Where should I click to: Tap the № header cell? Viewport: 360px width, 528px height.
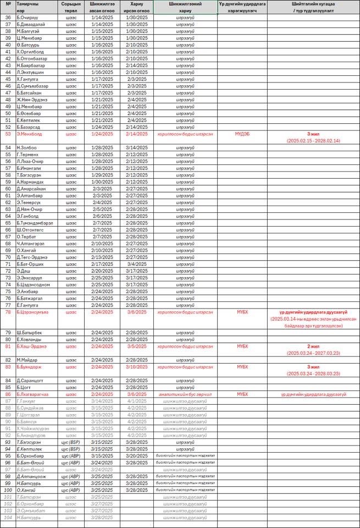(8, 3)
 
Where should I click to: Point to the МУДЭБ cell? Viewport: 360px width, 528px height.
(242, 134)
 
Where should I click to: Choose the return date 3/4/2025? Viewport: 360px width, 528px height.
(137, 264)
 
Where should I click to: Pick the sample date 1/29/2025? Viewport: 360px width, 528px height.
(102, 175)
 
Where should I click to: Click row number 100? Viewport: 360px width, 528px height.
(8, 490)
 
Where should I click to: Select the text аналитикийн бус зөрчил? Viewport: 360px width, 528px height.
(185, 394)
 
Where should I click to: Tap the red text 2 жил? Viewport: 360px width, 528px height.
(313, 346)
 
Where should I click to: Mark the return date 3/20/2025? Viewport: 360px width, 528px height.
(137, 455)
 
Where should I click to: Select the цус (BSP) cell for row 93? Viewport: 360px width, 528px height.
(71, 442)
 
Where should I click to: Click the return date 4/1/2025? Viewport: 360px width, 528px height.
(137, 401)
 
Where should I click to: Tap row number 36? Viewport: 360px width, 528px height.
(8, 18)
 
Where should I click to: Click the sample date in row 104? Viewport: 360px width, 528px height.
(102, 517)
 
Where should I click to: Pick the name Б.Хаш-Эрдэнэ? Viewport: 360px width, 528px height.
(32, 346)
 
